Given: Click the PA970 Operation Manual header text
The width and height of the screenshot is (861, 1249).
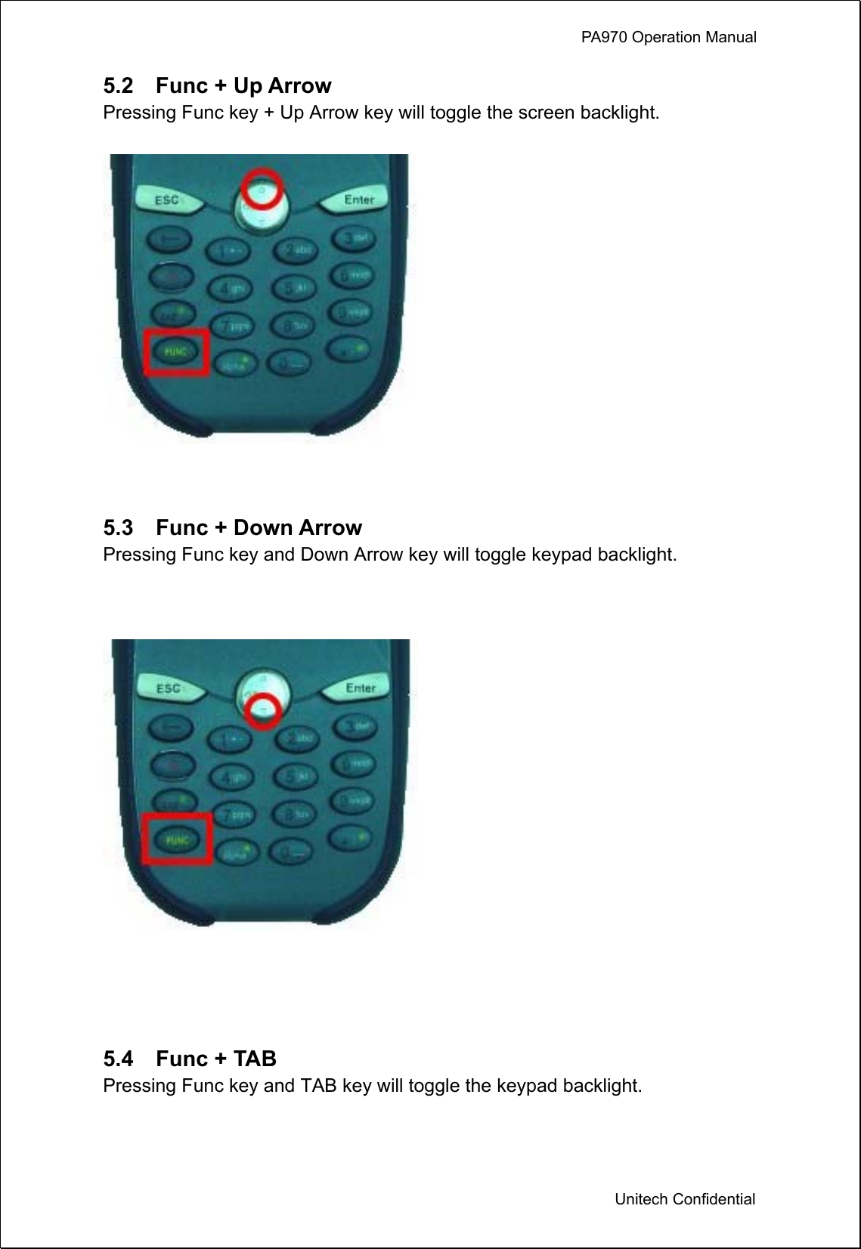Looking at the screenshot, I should [668, 37].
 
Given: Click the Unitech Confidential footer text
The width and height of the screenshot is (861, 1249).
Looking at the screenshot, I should [684, 1199].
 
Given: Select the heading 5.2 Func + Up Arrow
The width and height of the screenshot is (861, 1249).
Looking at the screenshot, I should [217, 85].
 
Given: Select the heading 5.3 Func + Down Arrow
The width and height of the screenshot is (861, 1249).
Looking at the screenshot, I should [232, 527].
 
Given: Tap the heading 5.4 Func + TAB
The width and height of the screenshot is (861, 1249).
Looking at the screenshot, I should [190, 1059].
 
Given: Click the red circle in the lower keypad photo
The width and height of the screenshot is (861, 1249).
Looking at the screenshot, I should [263, 710].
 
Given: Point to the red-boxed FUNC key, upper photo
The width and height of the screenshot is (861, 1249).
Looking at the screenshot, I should [177, 352].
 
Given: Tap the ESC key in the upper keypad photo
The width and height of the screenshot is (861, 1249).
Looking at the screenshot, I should [167, 200].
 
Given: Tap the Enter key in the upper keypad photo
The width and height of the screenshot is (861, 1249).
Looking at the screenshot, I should [358, 200].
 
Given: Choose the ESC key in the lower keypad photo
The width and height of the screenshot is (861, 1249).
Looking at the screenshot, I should [169, 688].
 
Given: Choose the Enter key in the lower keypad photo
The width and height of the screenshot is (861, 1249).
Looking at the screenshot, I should [360, 688].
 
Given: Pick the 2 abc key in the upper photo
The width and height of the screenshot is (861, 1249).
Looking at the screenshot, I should [294, 251].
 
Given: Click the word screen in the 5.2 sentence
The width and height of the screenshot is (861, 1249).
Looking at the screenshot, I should [546, 113].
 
